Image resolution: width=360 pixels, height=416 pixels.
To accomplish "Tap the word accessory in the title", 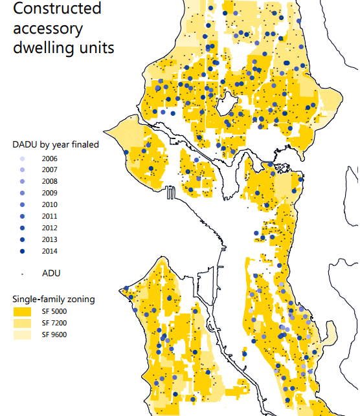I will click(48, 28).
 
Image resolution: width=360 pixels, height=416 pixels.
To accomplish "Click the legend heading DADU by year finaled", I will click(56, 144).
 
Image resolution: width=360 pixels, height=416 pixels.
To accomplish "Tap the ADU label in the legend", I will click(51, 273).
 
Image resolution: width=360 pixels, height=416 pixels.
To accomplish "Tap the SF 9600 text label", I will click(54, 334).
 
